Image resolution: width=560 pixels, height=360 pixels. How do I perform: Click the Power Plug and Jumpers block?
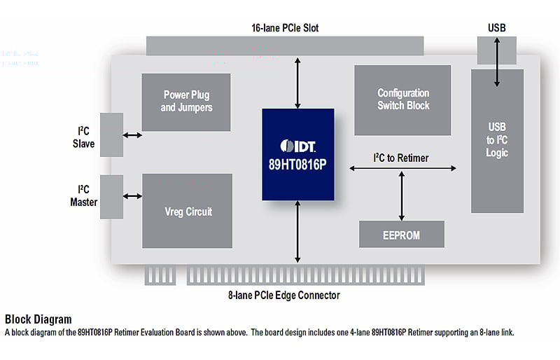click(186, 102)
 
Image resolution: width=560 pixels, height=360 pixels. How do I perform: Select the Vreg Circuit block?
click(187, 211)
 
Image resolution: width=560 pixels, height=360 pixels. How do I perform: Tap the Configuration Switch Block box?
click(402, 99)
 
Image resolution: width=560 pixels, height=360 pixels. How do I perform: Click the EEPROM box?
click(401, 235)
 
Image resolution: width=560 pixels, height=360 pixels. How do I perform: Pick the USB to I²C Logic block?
click(497, 140)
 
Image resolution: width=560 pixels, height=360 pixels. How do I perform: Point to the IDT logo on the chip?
click(297, 145)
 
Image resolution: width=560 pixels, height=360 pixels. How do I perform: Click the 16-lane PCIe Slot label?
click(285, 28)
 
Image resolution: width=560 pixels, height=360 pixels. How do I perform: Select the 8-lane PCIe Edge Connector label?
click(284, 296)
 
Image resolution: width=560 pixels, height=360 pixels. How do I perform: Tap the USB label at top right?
click(497, 28)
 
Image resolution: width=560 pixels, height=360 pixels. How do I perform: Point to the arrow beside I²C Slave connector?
click(132, 134)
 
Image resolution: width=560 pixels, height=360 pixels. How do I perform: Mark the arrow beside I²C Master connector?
click(132, 196)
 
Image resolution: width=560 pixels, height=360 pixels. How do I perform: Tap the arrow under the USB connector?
click(497, 63)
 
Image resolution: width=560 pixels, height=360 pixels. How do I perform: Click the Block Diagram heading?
click(38, 319)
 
